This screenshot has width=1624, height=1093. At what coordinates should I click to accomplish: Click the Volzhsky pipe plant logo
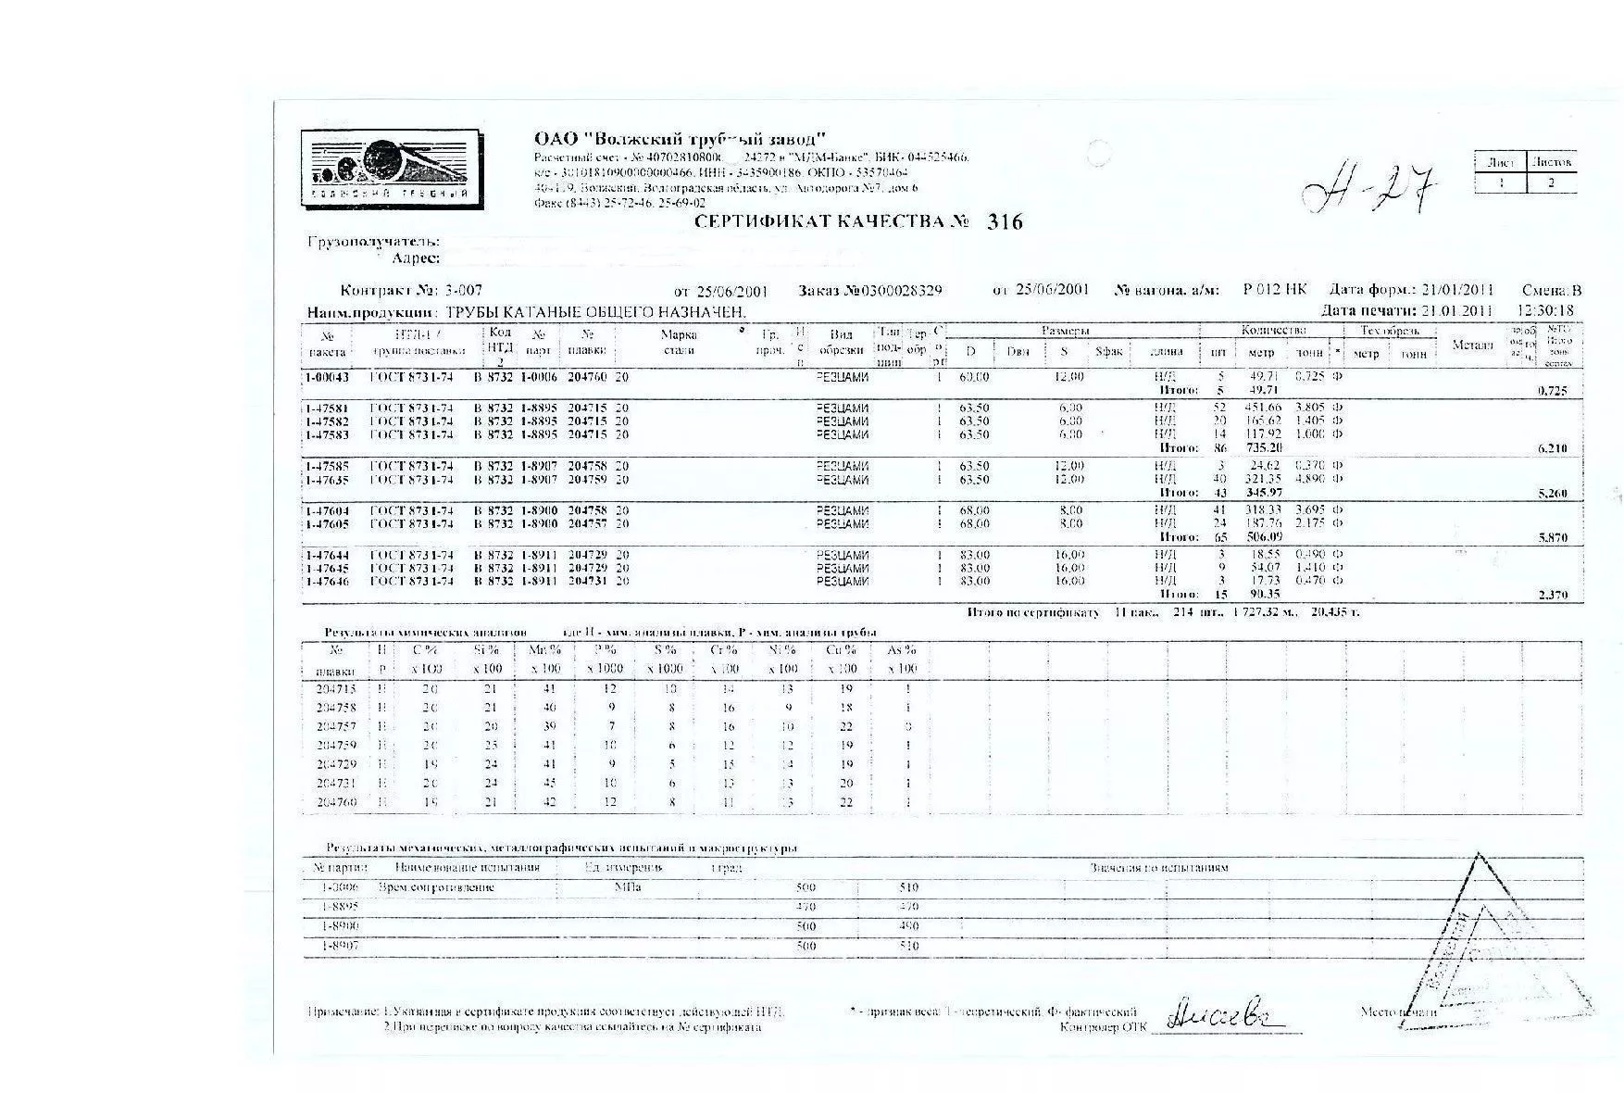[x=390, y=169]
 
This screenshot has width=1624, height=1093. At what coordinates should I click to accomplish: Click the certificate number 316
[x=1005, y=222]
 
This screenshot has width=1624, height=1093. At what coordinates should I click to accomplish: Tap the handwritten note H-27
[x=1368, y=187]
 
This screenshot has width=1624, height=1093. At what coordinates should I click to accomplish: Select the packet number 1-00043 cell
[x=328, y=378]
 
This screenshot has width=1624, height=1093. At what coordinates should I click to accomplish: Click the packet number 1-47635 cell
[x=328, y=480]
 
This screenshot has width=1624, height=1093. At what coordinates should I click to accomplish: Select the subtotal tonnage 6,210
[x=1552, y=448]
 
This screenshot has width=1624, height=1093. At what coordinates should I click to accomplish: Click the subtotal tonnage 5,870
[x=1552, y=537]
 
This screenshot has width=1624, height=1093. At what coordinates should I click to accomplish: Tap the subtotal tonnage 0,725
[x=1552, y=391]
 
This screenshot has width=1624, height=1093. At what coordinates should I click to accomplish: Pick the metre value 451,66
[x=1261, y=408]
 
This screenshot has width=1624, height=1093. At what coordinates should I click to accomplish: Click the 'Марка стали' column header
[x=679, y=342]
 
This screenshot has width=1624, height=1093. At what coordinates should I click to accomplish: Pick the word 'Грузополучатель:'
[x=373, y=242]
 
